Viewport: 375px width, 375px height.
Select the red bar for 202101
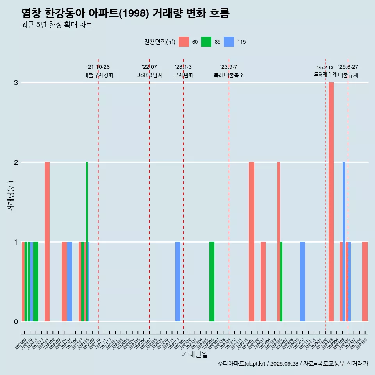click(47, 242)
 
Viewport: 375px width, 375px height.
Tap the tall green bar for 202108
click(87, 242)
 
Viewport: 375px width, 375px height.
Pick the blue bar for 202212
click(178, 282)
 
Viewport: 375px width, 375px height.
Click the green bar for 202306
click(212, 282)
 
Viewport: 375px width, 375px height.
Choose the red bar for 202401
click(252, 242)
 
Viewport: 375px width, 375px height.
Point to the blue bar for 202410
click(302, 282)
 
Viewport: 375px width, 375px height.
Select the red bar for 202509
click(365, 282)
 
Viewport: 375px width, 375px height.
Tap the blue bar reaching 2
click(344, 242)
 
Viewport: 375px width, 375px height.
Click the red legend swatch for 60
click(184, 42)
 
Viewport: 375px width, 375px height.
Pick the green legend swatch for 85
click(206, 42)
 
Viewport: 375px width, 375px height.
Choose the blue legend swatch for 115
click(229, 42)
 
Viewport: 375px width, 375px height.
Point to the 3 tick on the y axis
click(16, 83)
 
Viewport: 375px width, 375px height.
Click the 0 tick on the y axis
click(16, 321)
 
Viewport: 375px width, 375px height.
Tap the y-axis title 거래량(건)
click(11, 195)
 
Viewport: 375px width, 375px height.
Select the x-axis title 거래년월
click(195, 354)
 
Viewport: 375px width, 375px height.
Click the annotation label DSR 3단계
click(149, 75)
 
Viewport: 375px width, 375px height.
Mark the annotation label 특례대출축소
click(229, 75)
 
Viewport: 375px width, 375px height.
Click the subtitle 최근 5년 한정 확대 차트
click(57, 25)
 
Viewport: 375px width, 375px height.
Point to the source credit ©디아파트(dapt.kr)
click(242, 364)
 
